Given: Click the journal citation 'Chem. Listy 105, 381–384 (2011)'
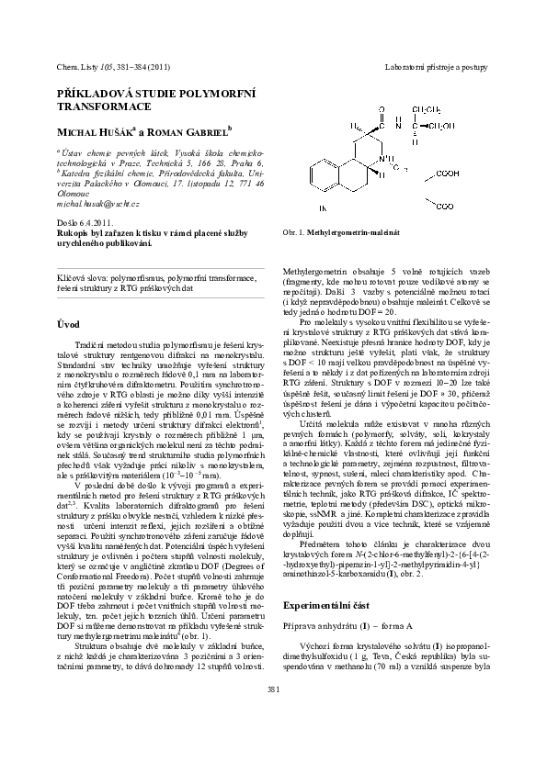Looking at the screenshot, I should pyautogui.click(x=114, y=68).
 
